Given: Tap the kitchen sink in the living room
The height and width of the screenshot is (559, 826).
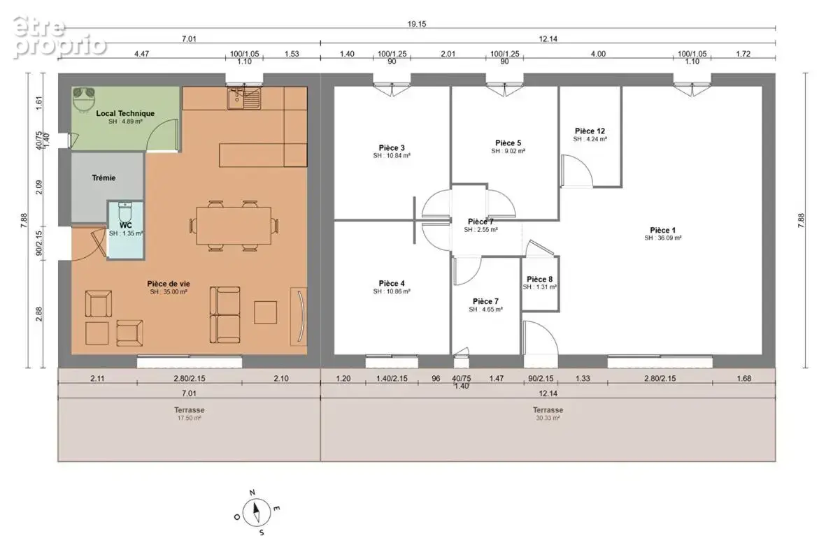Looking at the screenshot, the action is tap(244, 99).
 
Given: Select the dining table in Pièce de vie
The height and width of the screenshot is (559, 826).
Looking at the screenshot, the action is tap(234, 225).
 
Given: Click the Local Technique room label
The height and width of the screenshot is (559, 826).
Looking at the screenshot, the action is tap(125, 113).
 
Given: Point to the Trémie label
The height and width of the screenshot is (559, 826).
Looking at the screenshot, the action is tap(104, 178).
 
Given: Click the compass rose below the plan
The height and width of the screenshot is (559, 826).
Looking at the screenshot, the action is tap(257, 512).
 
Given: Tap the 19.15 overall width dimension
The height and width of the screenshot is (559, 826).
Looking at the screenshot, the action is tap(416, 24).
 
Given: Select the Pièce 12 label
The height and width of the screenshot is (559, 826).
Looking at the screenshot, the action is tap(590, 131).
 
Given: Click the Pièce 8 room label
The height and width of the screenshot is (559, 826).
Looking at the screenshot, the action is tap(540, 279).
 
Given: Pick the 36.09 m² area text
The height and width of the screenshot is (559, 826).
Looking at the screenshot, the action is tap(663, 238).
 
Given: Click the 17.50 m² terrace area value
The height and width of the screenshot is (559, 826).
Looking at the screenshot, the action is tap(189, 418).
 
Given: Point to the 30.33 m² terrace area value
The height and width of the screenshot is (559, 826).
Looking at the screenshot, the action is tap(548, 418).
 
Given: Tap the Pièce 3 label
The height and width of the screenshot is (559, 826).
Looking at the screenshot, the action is tap(392, 148).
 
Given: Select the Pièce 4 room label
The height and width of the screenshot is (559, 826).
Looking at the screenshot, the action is tap(392, 283).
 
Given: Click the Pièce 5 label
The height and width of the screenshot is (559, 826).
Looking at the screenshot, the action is tap(508, 143).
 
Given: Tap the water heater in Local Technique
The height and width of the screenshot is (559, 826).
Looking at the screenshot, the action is tap(85, 99).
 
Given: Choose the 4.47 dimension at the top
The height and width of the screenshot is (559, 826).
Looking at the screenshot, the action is tap(142, 54).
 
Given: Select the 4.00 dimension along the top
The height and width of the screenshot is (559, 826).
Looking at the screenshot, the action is tap(598, 54).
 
